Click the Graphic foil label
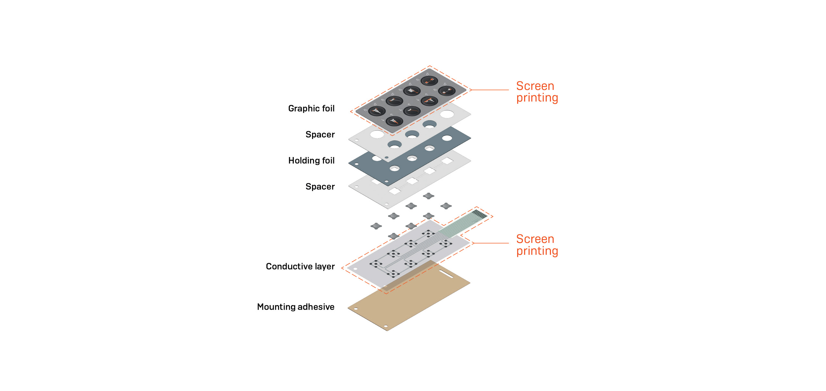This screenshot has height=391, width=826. point(311,109)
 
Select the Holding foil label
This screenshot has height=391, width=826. point(311,161)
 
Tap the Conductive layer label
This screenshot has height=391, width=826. point(300,266)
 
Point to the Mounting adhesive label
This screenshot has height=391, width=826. point(296,307)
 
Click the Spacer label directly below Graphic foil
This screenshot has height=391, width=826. point(320,135)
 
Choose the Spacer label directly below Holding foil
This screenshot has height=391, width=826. point(320,187)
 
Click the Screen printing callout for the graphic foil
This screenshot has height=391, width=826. point(537,92)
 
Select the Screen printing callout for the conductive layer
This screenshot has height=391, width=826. point(537,245)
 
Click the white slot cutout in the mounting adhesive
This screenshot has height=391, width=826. point(446,274)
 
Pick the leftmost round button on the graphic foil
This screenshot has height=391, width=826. point(377,111)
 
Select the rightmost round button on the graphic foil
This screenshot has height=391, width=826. point(447,91)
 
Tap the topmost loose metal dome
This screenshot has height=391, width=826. point(428,196)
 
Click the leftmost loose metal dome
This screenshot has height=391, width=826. point(376,226)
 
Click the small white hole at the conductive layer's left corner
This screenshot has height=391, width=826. point(355,269)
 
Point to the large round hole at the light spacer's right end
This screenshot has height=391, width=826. point(447,114)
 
